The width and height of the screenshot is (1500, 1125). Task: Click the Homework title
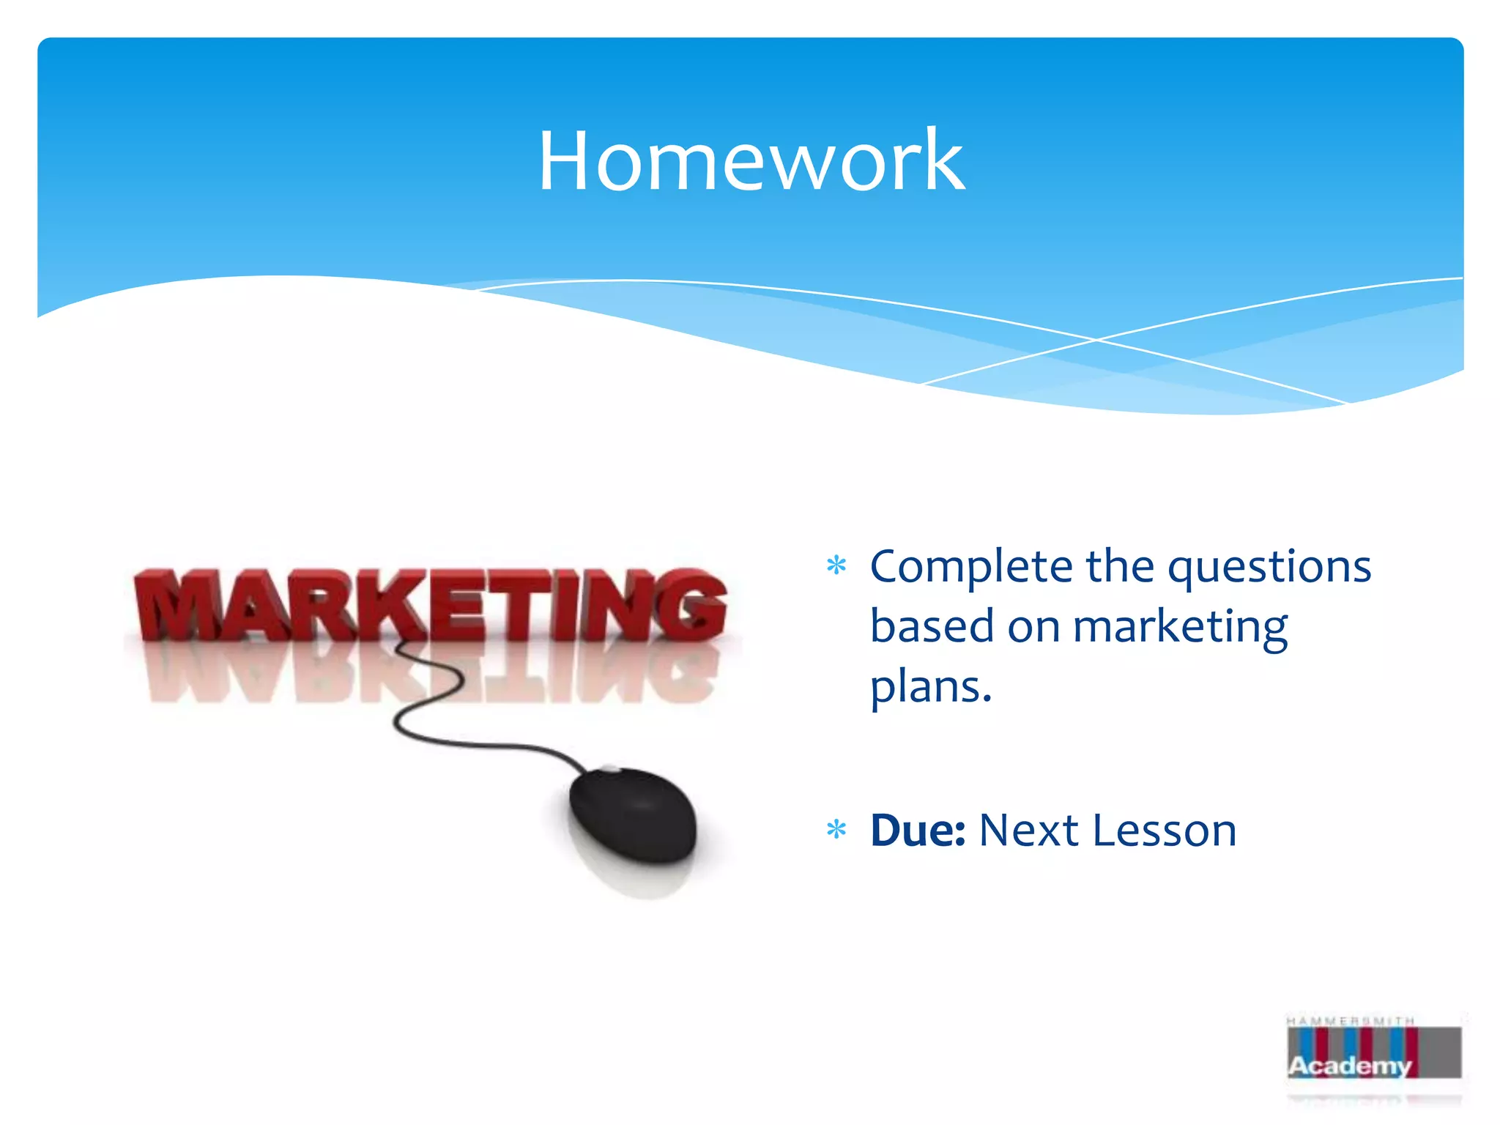coord(751,161)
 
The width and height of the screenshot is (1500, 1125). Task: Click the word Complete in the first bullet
coord(970,568)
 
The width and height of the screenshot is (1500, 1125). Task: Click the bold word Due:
coord(917,831)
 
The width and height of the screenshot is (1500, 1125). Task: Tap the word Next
coord(1028,831)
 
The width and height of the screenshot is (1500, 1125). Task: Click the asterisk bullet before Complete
coord(836,566)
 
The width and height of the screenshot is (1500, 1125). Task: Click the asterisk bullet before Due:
coord(836,830)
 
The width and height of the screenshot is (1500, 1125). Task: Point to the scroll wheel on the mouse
coord(609,769)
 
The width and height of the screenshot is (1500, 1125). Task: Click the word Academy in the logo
coord(1349,1066)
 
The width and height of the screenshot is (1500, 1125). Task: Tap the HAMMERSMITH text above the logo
coord(1350,1020)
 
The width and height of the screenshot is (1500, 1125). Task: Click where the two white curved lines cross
coord(1096,340)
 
